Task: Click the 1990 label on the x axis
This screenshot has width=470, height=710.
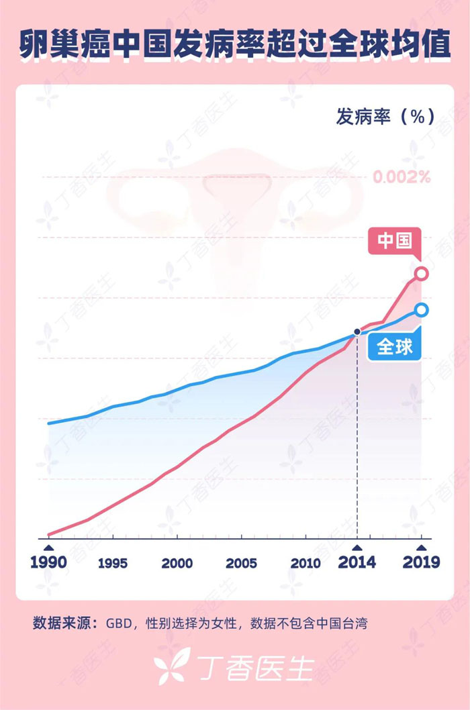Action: tap(48, 561)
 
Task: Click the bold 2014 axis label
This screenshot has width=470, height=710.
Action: tap(357, 561)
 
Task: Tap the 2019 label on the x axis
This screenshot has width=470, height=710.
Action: tap(421, 561)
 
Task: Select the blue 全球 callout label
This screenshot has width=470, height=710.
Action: tap(395, 346)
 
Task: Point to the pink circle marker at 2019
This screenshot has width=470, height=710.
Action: tap(422, 273)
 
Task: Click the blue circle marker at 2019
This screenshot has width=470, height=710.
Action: tap(422, 309)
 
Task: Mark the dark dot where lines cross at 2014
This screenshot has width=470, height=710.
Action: tap(357, 332)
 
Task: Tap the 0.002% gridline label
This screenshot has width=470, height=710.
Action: tap(402, 177)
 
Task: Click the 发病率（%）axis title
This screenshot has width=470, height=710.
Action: tap(385, 116)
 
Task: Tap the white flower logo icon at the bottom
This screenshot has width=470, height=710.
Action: tap(172, 666)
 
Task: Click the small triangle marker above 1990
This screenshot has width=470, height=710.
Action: tap(48, 548)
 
